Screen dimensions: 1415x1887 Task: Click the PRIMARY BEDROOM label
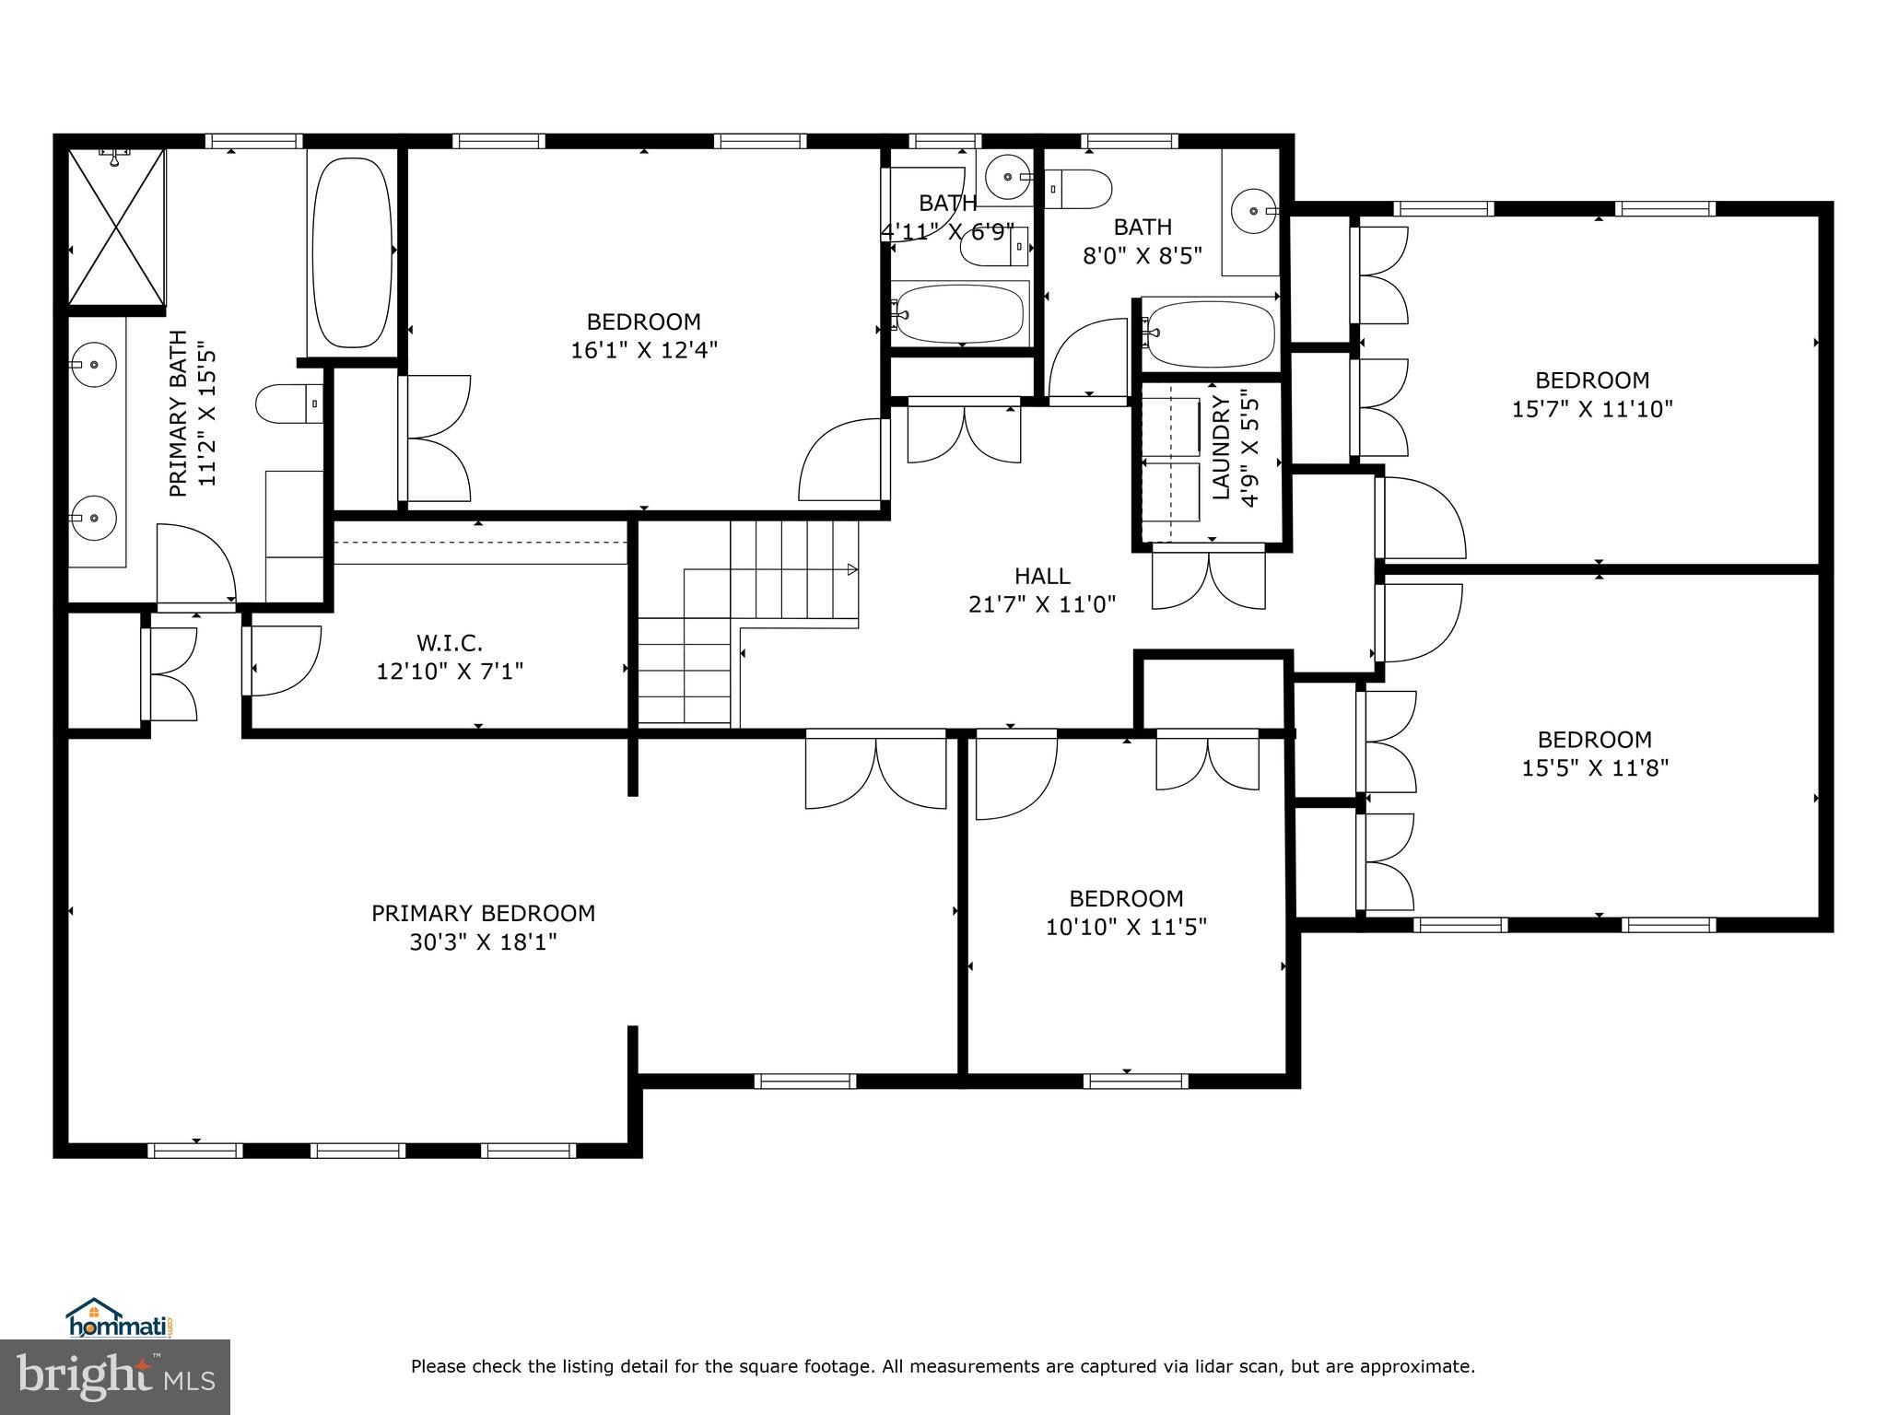483,913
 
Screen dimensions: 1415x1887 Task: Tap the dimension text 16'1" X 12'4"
643,350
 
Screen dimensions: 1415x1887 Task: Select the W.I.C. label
450,642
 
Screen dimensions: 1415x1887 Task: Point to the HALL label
1042,576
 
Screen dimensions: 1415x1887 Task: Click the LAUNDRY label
1221,448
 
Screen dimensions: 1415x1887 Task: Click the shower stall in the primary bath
117,226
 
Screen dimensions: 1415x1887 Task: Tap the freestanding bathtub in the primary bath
352,252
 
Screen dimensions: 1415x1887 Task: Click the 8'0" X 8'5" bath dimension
1143,255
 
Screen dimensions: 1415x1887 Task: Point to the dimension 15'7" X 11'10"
1592,409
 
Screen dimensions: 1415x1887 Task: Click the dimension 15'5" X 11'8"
1595,767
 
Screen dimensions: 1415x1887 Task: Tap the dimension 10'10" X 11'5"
1126,927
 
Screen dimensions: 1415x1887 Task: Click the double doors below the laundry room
1208,579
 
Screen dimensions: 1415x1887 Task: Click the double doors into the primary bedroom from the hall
875,772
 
